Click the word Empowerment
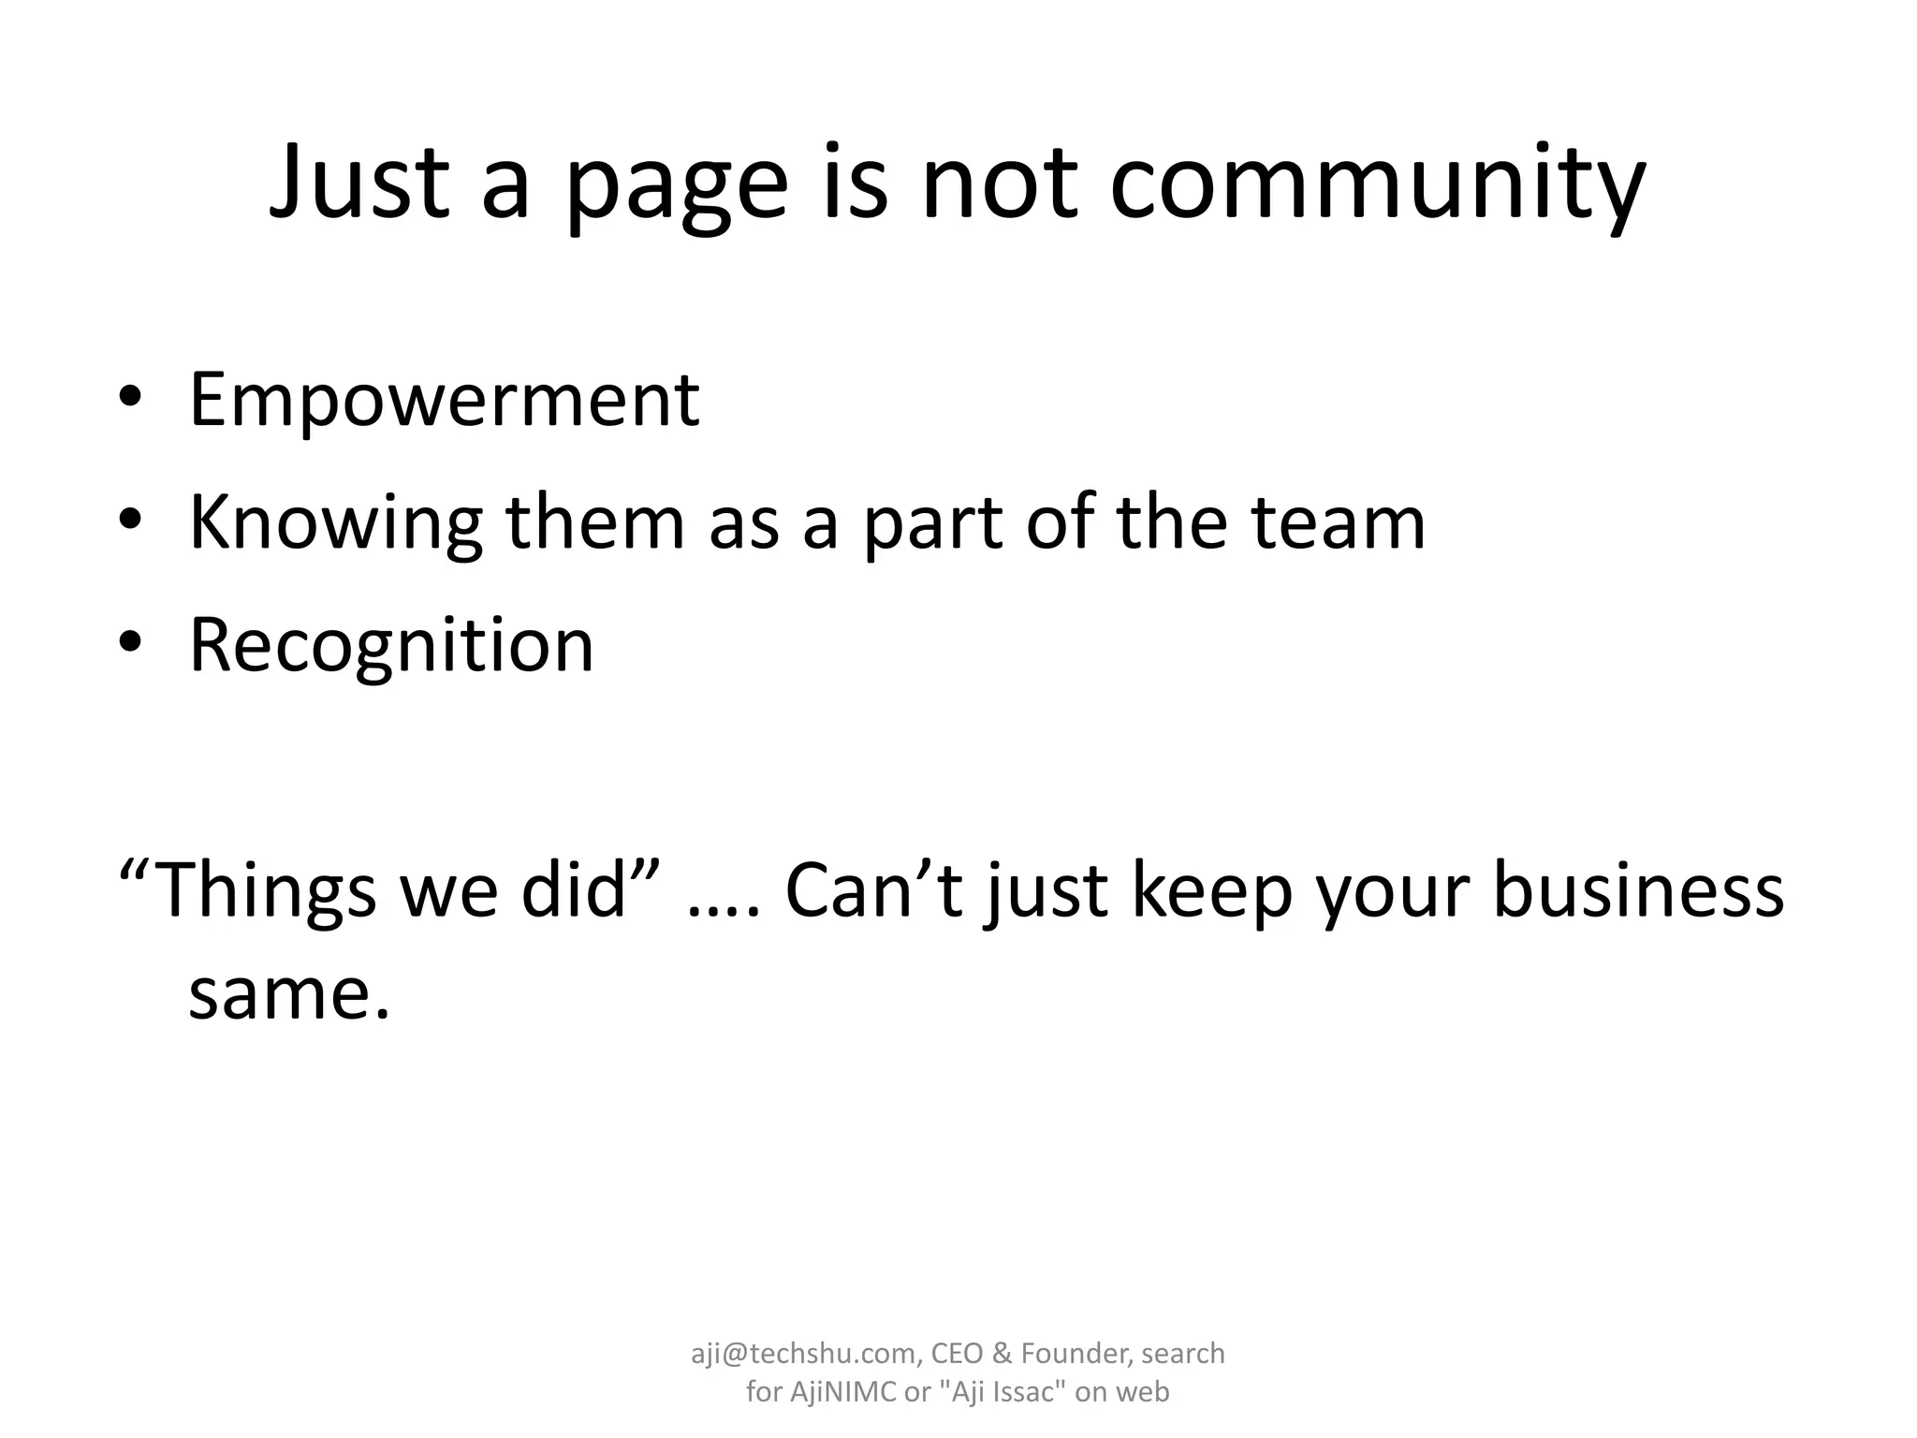[x=445, y=401]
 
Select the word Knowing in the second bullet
[x=336, y=524]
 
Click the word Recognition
[x=391, y=647]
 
